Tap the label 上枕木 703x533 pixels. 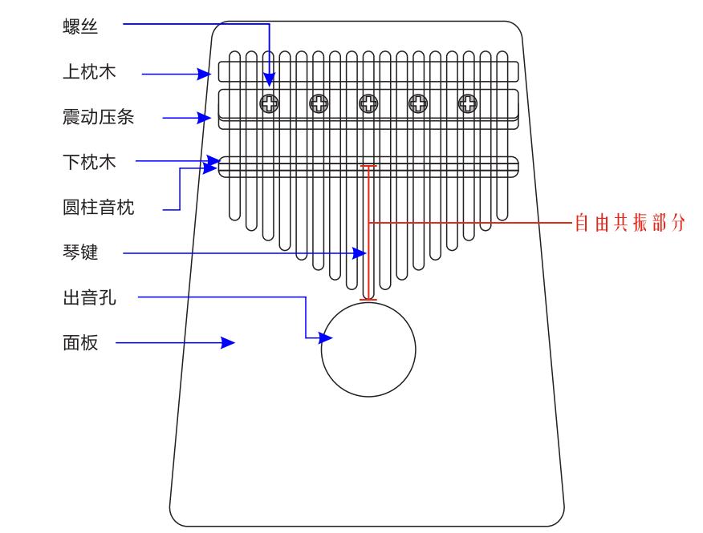pos(89,72)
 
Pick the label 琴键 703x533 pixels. pos(79,253)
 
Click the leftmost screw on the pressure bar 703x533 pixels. pos(269,103)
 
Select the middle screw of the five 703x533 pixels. pos(368,103)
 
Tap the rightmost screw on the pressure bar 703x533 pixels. pos(467,103)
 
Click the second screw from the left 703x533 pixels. pos(319,103)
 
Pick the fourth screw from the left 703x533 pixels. pos(418,103)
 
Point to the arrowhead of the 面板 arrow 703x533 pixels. pos(229,343)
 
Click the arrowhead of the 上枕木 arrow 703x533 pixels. pos(204,75)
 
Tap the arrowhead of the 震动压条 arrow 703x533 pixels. pos(204,119)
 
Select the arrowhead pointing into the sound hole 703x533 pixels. pos(327,337)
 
